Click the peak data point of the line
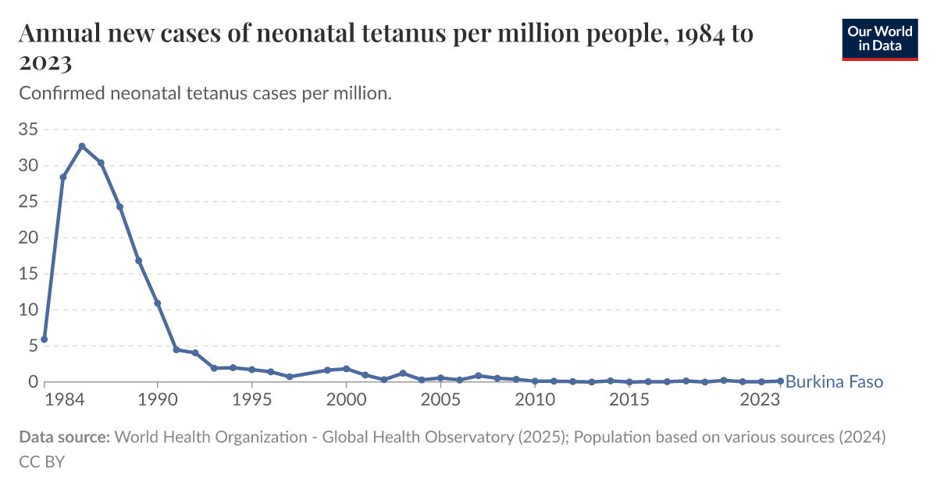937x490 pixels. (82, 146)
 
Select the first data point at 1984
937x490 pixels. (45, 339)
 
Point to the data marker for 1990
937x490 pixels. (158, 303)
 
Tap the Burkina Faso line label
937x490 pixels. (834, 382)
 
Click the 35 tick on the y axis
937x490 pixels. (28, 130)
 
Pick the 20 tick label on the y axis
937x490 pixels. (28, 238)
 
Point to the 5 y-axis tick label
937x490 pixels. (33, 346)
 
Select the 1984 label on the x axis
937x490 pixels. (64, 399)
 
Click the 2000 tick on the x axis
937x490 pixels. (346, 399)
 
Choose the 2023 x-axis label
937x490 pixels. (761, 399)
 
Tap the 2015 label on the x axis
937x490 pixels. (629, 399)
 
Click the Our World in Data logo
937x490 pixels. (879, 39)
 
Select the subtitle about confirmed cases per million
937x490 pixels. (205, 93)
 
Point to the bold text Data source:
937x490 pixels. (64, 438)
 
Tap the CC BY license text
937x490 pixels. (41, 461)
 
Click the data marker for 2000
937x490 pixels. (346, 368)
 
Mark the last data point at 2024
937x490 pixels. (780, 381)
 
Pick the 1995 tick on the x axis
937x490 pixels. (252, 399)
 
